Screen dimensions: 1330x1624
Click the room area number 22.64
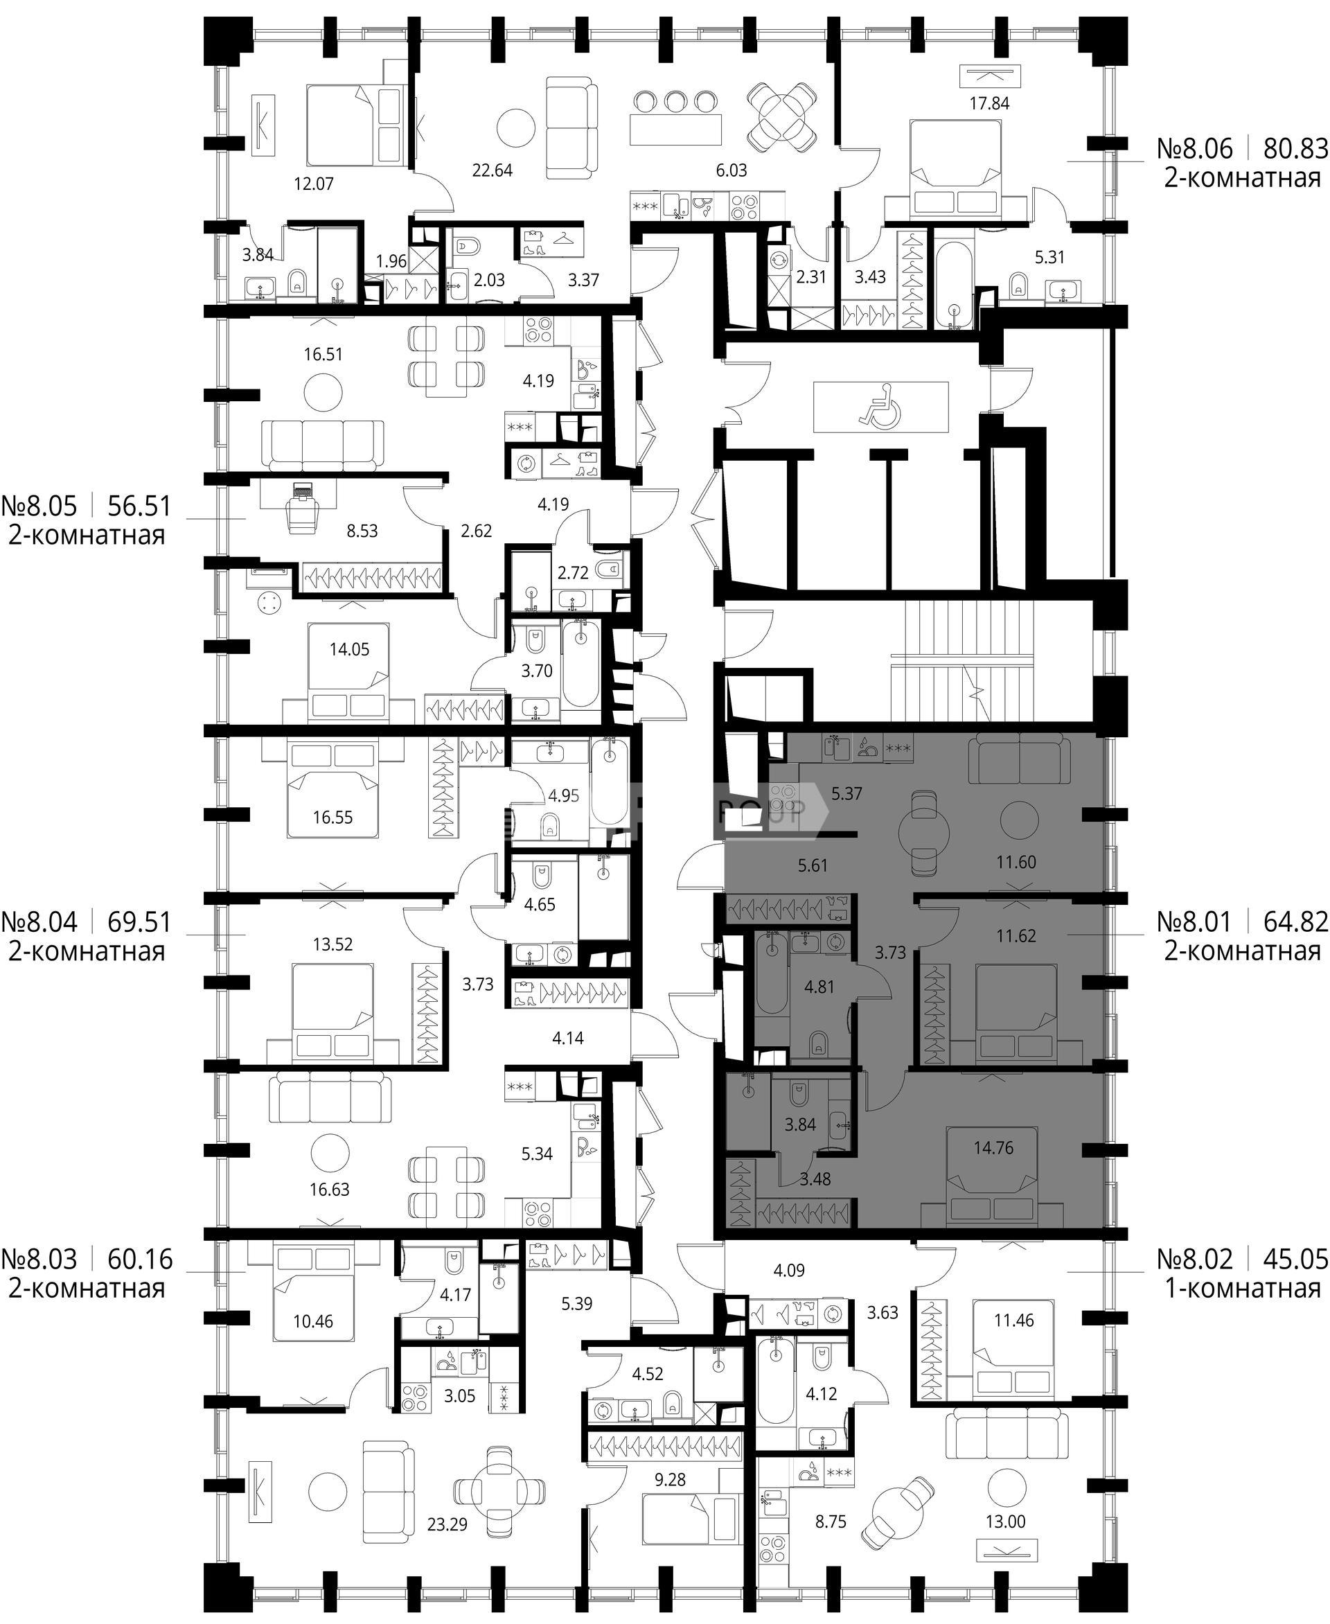coord(492,170)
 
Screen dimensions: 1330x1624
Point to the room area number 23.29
coord(447,1524)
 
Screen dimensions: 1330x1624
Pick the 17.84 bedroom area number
coord(989,103)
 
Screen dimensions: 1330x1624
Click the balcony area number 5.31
coord(1049,258)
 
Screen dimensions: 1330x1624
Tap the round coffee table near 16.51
coord(324,393)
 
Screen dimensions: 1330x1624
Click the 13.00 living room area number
coord(1005,1521)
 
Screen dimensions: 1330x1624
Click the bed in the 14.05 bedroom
coord(348,672)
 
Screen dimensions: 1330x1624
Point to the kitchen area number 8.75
coord(831,1521)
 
